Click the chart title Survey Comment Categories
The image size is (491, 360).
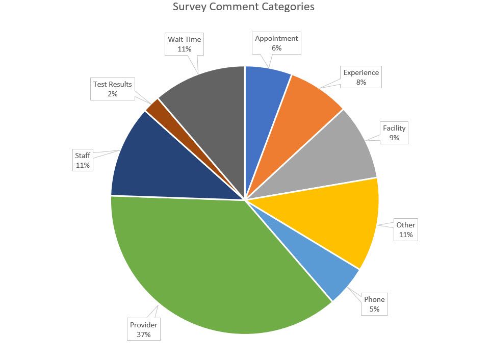243,7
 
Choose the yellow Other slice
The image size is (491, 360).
331,219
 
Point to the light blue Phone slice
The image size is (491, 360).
316,265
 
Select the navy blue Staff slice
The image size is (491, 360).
163,163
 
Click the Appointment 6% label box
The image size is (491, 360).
276,43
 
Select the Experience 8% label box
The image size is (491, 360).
361,77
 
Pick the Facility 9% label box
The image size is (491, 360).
394,133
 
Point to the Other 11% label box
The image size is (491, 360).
406,230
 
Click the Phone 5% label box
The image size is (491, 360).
374,304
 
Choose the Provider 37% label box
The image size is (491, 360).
144,329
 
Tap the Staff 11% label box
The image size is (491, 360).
83,160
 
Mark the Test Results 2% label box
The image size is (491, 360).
112,89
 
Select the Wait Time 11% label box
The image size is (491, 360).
184,44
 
